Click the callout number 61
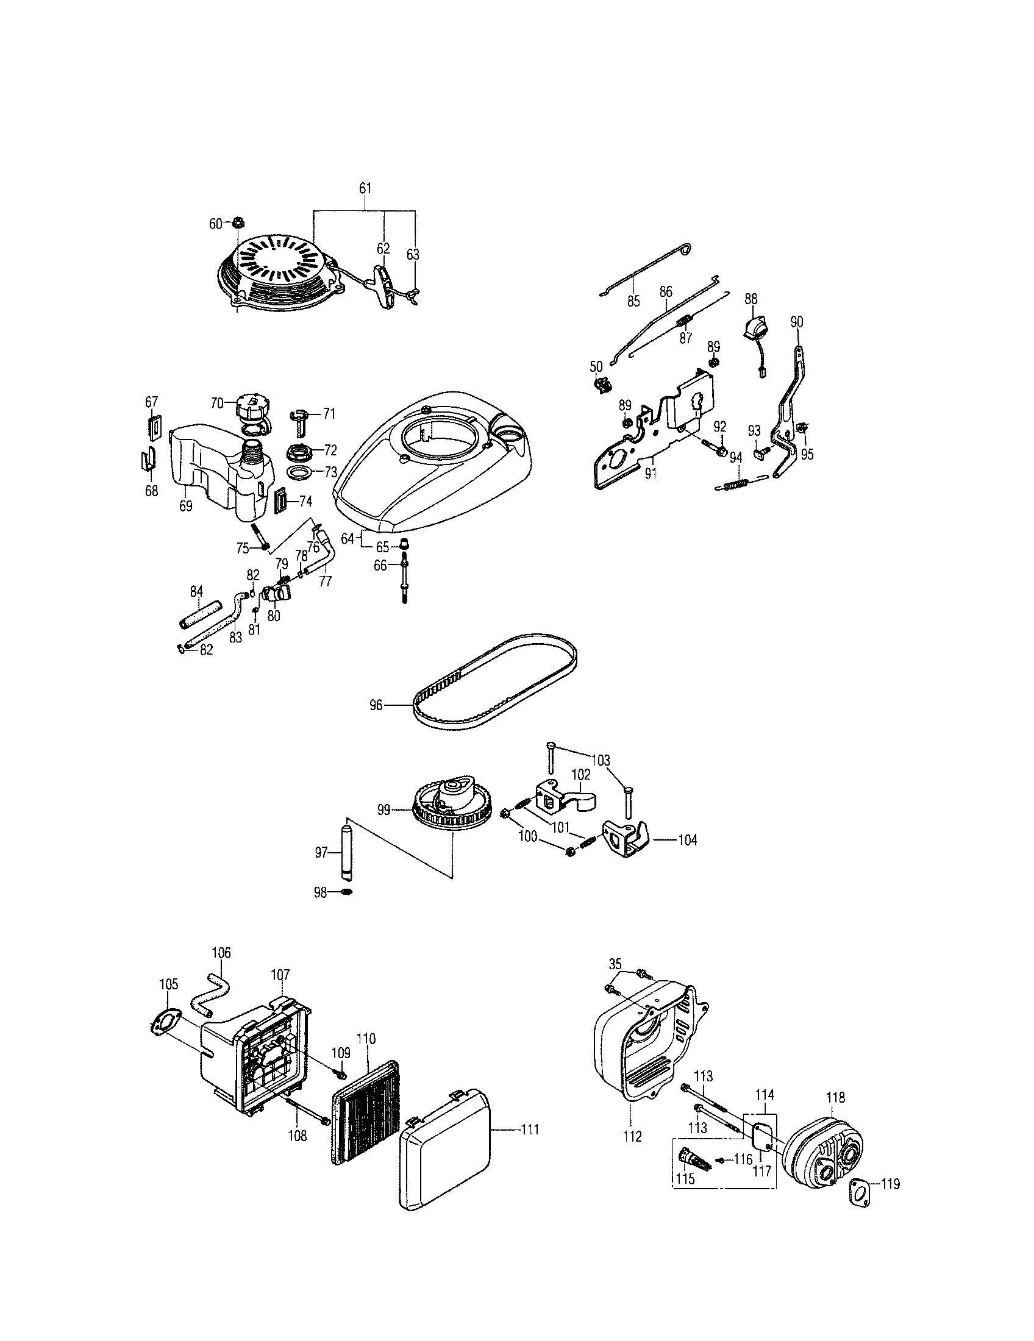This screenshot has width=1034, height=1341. [365, 188]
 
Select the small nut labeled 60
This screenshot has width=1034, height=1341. [236, 222]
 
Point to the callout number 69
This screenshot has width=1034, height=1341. [185, 506]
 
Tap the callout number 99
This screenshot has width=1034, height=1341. [383, 811]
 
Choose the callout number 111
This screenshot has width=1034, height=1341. [529, 1129]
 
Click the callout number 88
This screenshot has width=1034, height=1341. [751, 299]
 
